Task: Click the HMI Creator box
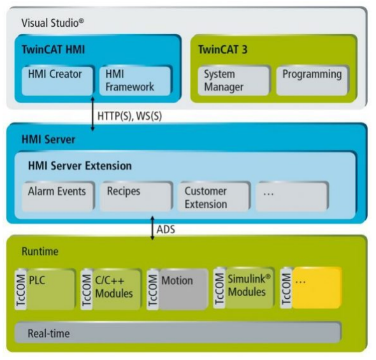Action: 57,81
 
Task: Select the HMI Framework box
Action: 135,81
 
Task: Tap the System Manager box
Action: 233,81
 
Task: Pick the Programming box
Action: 312,81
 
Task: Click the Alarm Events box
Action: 58,196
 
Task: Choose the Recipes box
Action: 136,196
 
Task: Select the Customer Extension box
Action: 214,196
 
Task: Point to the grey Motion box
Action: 183,289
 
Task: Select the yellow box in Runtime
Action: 317,288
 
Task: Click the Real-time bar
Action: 178,333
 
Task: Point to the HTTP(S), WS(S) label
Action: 129,116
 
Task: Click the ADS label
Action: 166,229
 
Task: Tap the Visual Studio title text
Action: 53,23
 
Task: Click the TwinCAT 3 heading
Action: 223,50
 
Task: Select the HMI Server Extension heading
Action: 80,166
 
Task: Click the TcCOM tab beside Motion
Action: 152,289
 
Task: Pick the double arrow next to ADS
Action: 152,228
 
